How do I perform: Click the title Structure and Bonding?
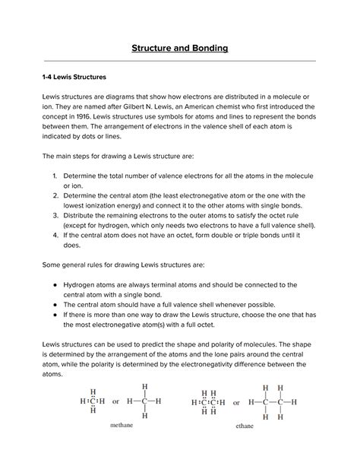[x=180, y=49]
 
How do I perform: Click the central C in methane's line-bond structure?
[x=144, y=401]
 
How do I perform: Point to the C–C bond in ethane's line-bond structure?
[x=273, y=401]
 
